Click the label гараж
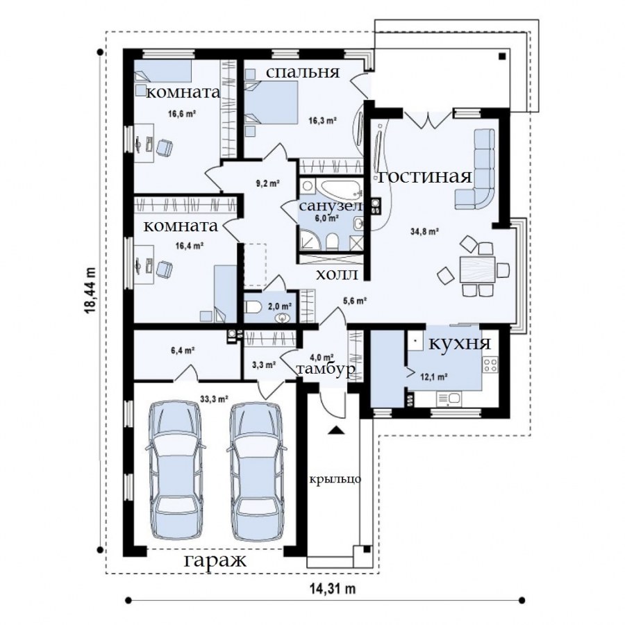click(x=215, y=561)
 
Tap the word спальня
click(x=303, y=72)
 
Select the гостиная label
click(x=425, y=176)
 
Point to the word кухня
click(x=460, y=343)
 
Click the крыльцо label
click(x=335, y=479)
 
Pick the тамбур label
click(x=326, y=369)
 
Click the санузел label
click(x=331, y=206)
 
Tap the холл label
click(x=337, y=274)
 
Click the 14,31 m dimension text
click(x=333, y=588)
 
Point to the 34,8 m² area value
click(x=424, y=231)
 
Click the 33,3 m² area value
click(x=214, y=399)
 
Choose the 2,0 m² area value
click(x=280, y=306)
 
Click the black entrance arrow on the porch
click(x=335, y=430)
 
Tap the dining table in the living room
click(x=477, y=269)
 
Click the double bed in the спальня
click(x=271, y=102)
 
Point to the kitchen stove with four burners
click(x=490, y=365)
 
